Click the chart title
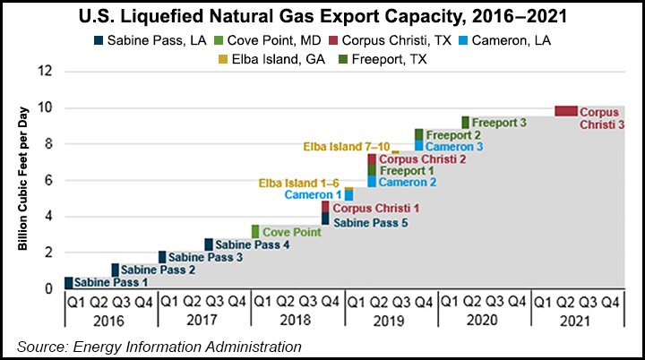pyautogui.click(x=322, y=15)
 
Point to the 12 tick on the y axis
pyautogui.click(x=46, y=71)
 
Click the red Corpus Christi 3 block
pyautogui.click(x=565, y=111)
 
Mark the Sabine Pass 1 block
pyautogui.click(x=69, y=282)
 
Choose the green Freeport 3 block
pyautogui.click(x=465, y=122)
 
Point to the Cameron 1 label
pyautogui.click(x=313, y=194)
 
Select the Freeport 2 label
pyautogui.click(x=453, y=134)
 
